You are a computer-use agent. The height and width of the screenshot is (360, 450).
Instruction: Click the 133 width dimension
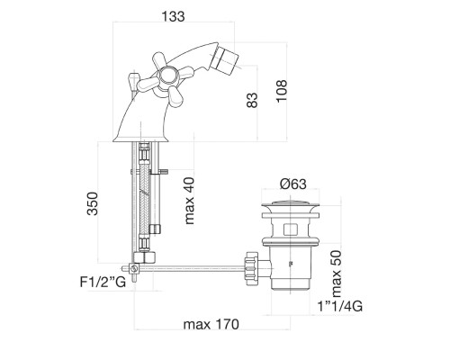[x=173, y=16]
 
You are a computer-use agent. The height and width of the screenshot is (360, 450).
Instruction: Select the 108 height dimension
[x=282, y=91]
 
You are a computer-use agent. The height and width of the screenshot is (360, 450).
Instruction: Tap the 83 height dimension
[x=252, y=100]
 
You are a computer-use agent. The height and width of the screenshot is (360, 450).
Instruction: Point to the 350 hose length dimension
[x=93, y=203]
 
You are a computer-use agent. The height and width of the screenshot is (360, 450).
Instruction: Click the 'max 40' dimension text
[x=190, y=201]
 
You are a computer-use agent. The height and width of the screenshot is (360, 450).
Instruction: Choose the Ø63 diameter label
[x=293, y=184]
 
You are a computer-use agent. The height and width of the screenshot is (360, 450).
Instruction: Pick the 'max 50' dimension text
[x=336, y=274]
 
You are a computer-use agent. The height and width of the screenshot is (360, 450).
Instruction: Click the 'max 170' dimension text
[x=211, y=324]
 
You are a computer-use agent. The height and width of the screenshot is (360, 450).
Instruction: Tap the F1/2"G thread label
[x=103, y=282]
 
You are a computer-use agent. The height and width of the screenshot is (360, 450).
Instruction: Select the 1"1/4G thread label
[x=340, y=306]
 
